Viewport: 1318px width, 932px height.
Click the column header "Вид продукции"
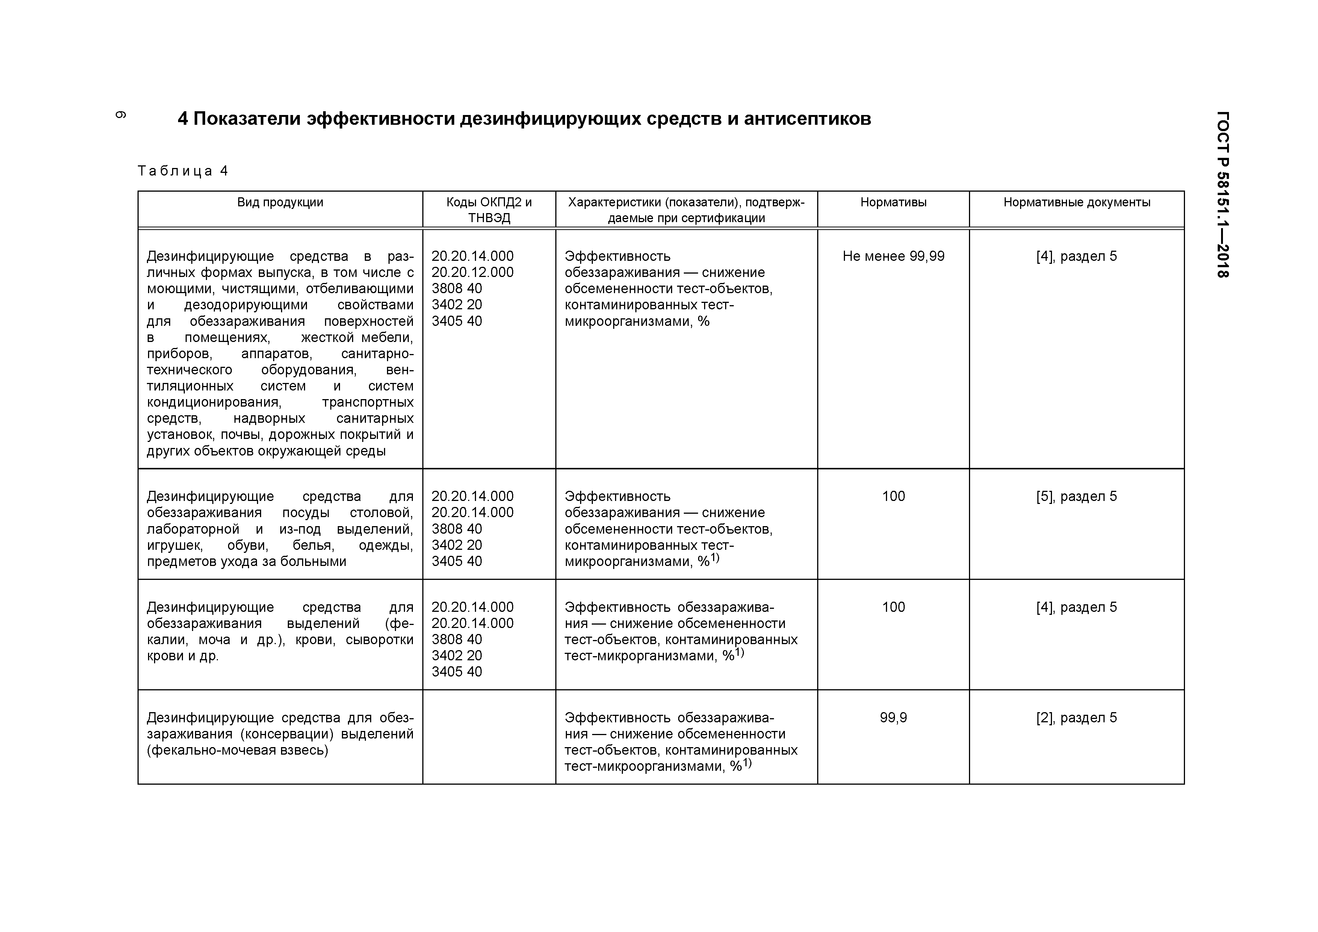click(x=280, y=202)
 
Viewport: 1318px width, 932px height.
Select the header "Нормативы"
click(x=893, y=202)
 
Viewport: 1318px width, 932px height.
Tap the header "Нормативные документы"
click(x=1076, y=202)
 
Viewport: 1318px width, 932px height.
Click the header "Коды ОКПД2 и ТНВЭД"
click(x=489, y=210)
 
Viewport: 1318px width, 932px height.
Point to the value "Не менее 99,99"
click(x=893, y=256)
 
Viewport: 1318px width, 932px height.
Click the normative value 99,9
click(x=893, y=717)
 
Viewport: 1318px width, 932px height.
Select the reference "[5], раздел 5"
click(x=1076, y=496)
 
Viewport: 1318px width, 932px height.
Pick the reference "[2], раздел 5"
click(x=1076, y=717)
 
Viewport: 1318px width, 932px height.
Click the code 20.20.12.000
click(x=472, y=272)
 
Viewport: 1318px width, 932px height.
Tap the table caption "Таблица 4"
click(x=183, y=171)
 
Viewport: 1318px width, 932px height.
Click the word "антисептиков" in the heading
click(x=807, y=119)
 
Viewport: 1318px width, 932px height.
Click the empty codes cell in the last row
click(x=489, y=736)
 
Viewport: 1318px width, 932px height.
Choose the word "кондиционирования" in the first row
click(x=213, y=402)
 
